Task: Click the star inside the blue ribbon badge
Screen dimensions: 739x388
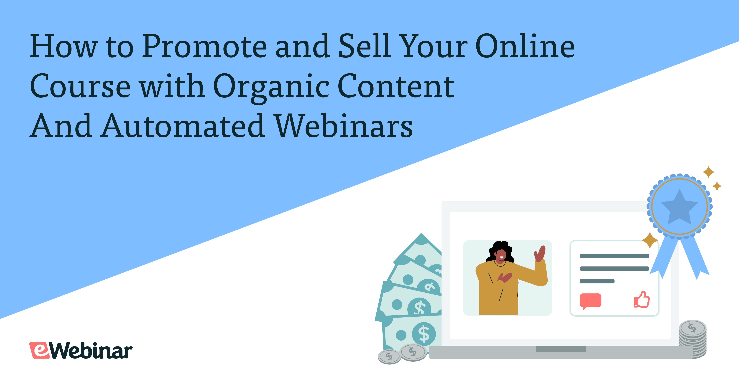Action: coord(679,207)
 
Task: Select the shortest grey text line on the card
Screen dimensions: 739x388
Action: coord(597,281)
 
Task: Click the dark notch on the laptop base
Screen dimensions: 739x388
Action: coord(561,349)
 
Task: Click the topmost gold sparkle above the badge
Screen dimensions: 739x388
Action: coord(708,172)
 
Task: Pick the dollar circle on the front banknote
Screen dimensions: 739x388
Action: coord(424,334)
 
